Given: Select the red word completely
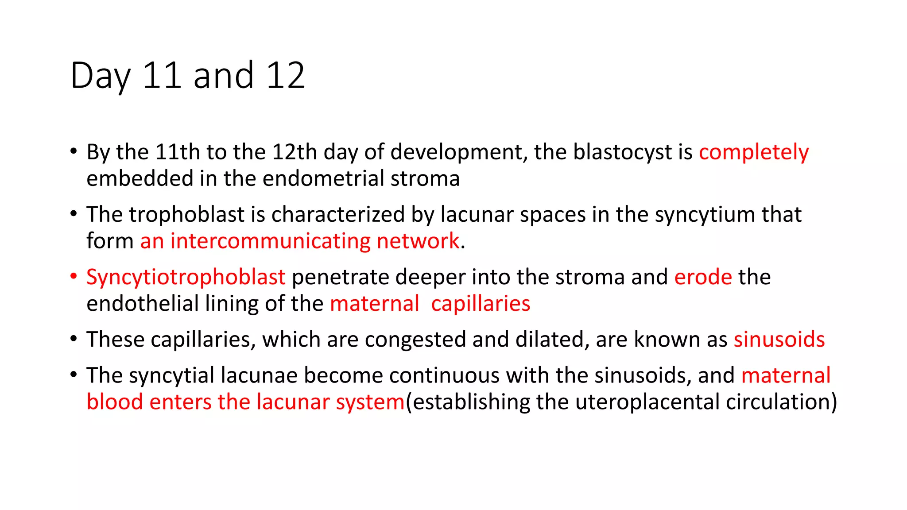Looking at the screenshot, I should (754, 152).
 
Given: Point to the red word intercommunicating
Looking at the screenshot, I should (270, 241).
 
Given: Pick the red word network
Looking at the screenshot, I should (418, 241).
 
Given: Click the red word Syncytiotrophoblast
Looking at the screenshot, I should (186, 278).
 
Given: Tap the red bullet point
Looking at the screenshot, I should (74, 277).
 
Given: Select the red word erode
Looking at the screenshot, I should (703, 277).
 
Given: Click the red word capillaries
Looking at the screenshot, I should (481, 304).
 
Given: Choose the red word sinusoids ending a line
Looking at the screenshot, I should (779, 340).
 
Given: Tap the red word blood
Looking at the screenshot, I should (114, 402).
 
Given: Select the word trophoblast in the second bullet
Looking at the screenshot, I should (186, 215).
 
